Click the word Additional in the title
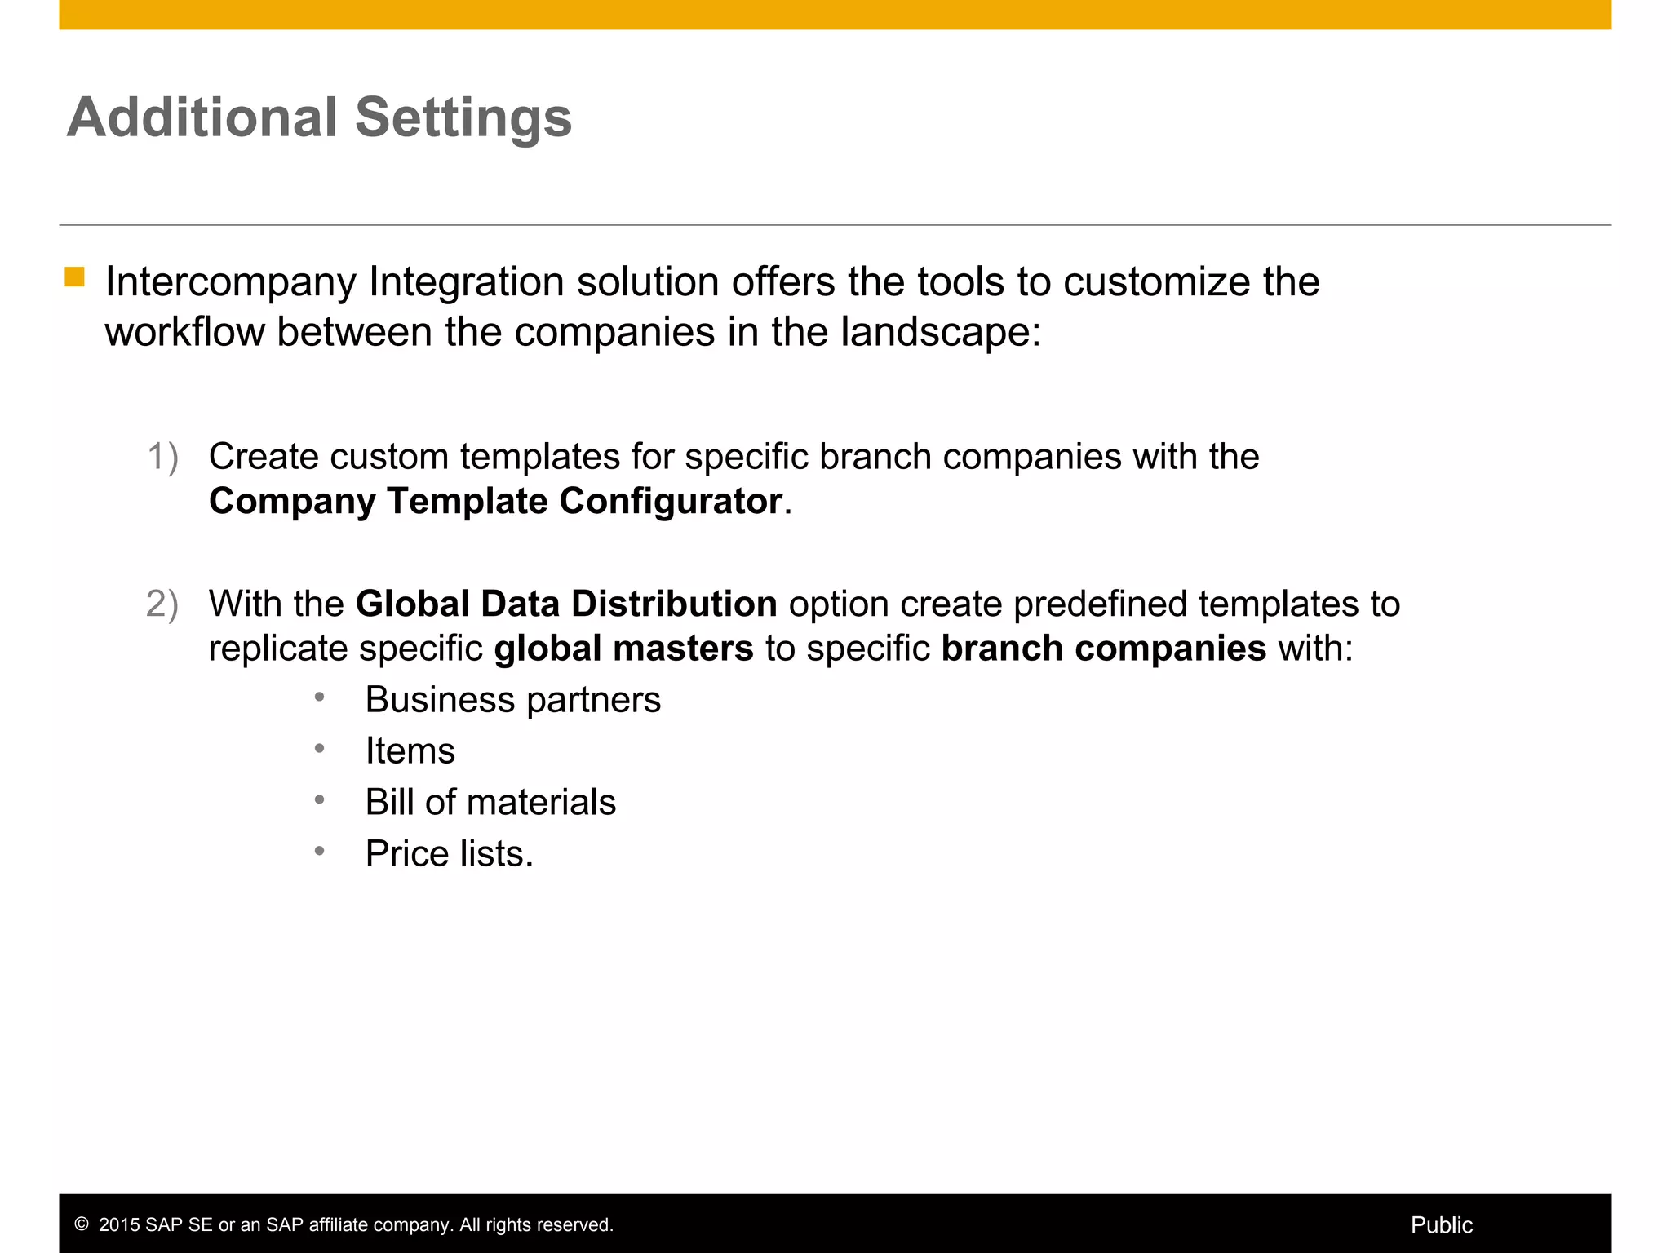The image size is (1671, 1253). click(x=202, y=117)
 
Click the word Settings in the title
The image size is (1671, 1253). click(x=463, y=119)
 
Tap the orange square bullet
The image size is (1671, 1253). click(x=75, y=277)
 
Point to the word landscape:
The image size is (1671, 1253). click(x=941, y=333)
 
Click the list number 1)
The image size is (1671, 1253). click(x=162, y=457)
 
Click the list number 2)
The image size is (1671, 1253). click(x=162, y=604)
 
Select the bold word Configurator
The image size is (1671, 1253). click(x=671, y=502)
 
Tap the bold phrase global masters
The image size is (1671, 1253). click(x=623, y=649)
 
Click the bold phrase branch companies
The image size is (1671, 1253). click(x=1103, y=649)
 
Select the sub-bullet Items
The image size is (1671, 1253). click(x=410, y=751)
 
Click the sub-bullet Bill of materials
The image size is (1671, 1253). click(x=490, y=803)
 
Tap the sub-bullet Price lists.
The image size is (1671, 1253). click(x=449, y=854)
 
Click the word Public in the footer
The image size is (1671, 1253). click(x=1441, y=1224)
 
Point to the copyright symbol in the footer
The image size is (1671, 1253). click(x=82, y=1224)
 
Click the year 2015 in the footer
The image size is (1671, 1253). click(x=119, y=1224)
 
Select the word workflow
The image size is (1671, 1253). click(x=185, y=333)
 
